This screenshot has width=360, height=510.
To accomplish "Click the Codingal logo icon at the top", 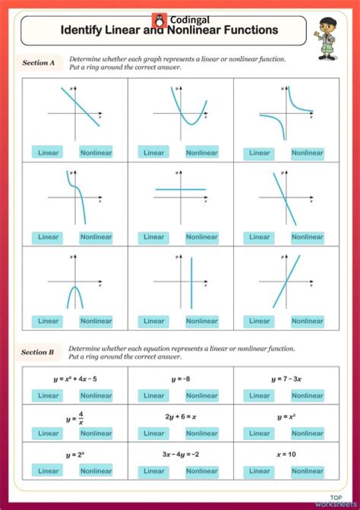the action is pyautogui.click(x=158, y=21).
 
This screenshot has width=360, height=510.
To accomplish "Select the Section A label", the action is pyautogui.click(x=39, y=64).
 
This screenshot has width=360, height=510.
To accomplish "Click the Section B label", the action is pyautogui.click(x=39, y=352).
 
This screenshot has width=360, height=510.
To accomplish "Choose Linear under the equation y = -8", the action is pyautogui.click(x=154, y=395).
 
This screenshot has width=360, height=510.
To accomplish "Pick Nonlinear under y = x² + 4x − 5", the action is pyautogui.click(x=96, y=395).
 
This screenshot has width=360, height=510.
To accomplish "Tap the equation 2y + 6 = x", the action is pyautogui.click(x=180, y=417).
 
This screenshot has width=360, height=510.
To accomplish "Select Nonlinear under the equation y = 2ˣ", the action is pyautogui.click(x=96, y=471).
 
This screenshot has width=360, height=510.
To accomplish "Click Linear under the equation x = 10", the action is pyautogui.click(x=260, y=471).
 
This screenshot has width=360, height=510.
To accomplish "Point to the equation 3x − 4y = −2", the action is pyautogui.click(x=180, y=455).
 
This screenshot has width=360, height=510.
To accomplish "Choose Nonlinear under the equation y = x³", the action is pyautogui.click(x=307, y=433).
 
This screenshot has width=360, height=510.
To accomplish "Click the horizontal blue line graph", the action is pyautogui.click(x=180, y=189).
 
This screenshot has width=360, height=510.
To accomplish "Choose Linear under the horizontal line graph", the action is pyautogui.click(x=154, y=236).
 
